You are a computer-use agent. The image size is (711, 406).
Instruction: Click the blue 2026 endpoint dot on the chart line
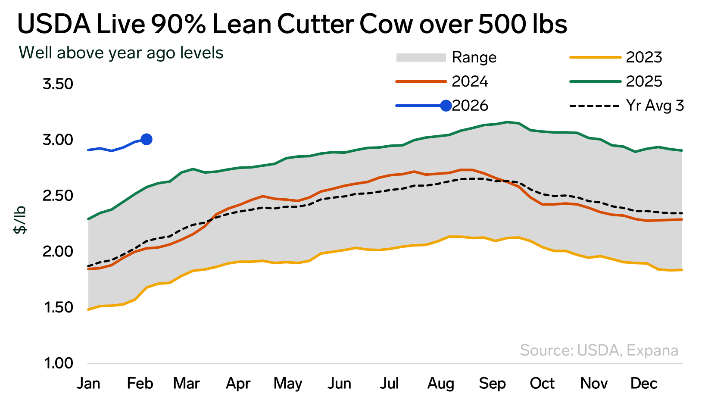pos(147,139)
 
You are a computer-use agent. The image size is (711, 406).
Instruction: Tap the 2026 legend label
pos(471,106)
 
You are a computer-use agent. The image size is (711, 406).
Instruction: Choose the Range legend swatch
pos(421,57)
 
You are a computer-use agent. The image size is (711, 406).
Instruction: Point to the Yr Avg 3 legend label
pos(655,106)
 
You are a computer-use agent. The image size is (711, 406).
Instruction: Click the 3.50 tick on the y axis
pos(58,84)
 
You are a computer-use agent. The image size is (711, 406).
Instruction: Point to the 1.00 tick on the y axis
pos(58,363)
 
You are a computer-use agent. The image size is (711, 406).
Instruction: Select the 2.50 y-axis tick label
pos(58,196)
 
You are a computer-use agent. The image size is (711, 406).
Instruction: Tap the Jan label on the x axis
pos(88,383)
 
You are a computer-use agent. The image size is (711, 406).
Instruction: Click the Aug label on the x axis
pos(440,383)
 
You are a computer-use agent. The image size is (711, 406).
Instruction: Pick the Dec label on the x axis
pos(644,383)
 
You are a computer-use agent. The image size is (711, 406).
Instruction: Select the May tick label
pos(288,383)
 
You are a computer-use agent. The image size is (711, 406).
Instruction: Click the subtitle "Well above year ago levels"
pos(121,53)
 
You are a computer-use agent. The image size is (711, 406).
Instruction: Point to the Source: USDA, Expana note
pos(599,350)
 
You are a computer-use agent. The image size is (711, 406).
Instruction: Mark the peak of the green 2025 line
pos(508,122)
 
